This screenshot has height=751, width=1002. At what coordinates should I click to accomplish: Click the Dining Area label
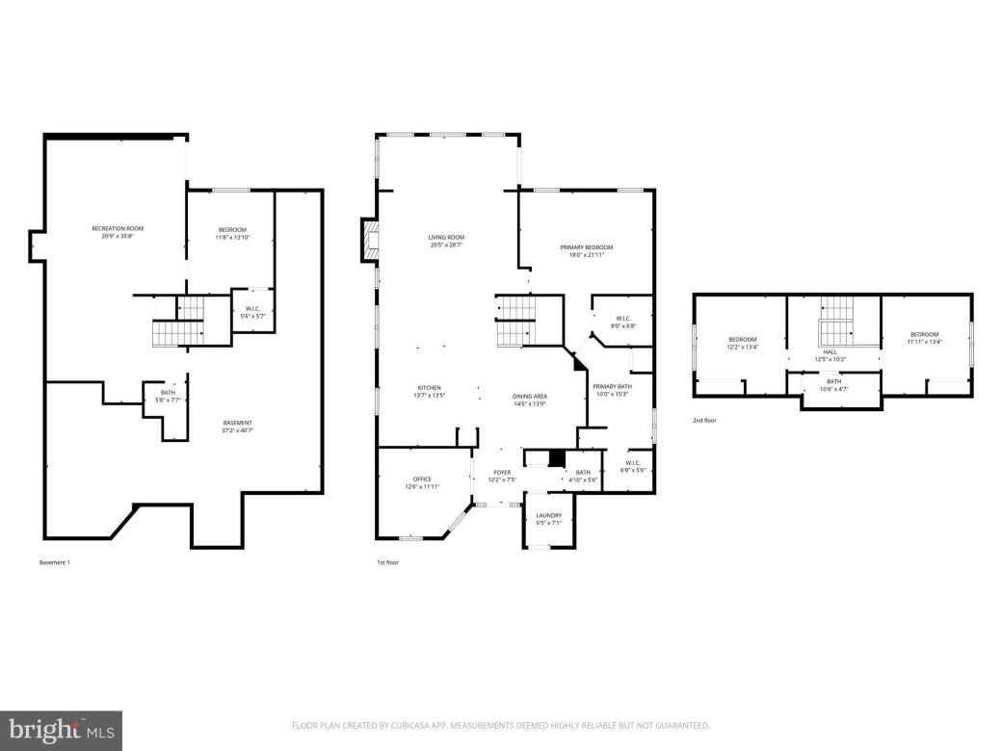tap(529, 401)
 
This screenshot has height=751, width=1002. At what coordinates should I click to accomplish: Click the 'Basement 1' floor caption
tap(54, 562)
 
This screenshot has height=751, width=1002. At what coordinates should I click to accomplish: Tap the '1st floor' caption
tap(387, 562)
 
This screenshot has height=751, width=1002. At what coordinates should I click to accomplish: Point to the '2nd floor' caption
tap(704, 421)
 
